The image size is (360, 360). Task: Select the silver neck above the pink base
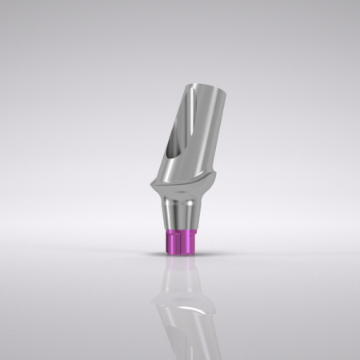pos(179,212)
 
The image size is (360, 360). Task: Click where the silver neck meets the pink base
pos(179,230)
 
